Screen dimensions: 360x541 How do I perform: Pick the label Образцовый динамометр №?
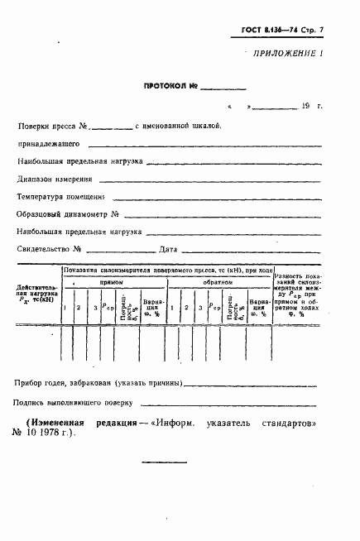pos(64,214)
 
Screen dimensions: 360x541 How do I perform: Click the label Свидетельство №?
pos(48,249)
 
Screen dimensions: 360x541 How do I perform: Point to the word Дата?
pos(169,249)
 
